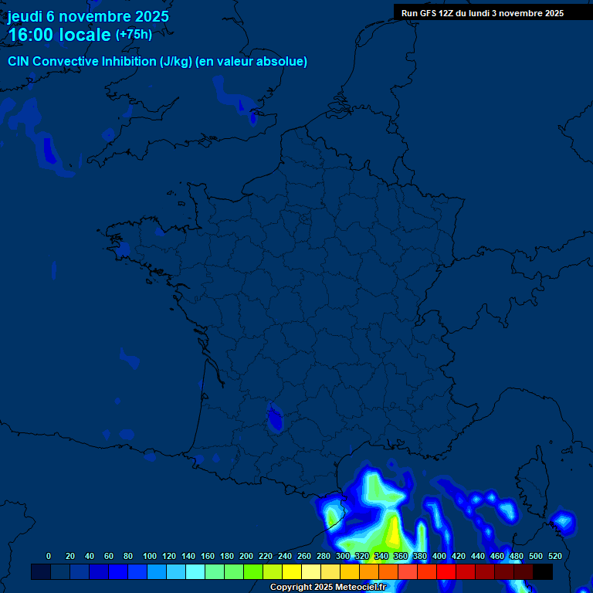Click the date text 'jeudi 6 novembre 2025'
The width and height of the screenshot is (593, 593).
(x=88, y=16)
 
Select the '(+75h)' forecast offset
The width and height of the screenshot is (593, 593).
(x=134, y=35)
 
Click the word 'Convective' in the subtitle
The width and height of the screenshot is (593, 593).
(x=65, y=61)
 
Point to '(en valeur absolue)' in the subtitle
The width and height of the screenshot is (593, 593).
(x=251, y=61)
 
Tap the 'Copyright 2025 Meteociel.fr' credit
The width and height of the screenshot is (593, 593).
(x=327, y=588)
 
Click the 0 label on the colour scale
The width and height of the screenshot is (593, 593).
(x=49, y=556)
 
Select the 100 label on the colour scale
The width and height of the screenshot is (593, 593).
(x=150, y=556)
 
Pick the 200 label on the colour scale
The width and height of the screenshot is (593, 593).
(x=246, y=556)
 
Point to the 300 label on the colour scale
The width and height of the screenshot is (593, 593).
(x=343, y=556)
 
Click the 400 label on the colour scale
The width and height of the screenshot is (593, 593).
(x=439, y=556)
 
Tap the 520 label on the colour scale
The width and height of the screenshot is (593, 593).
(x=555, y=556)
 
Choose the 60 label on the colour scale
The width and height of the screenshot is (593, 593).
(x=109, y=556)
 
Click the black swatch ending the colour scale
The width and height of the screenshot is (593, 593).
(x=543, y=572)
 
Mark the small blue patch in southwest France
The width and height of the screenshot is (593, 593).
(x=274, y=418)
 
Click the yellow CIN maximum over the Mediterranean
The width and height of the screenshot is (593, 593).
(x=394, y=533)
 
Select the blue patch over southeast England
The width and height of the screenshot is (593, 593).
(x=252, y=117)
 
